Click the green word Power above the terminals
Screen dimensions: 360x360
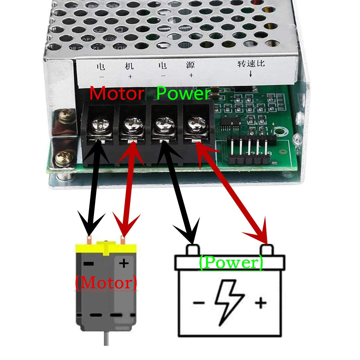click(183, 94)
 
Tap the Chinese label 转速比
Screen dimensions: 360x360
click(251, 64)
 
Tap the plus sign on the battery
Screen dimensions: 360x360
click(261, 302)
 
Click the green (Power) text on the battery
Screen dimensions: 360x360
click(231, 262)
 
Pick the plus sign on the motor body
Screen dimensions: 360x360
click(124, 263)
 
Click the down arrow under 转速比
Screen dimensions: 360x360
click(250, 74)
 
